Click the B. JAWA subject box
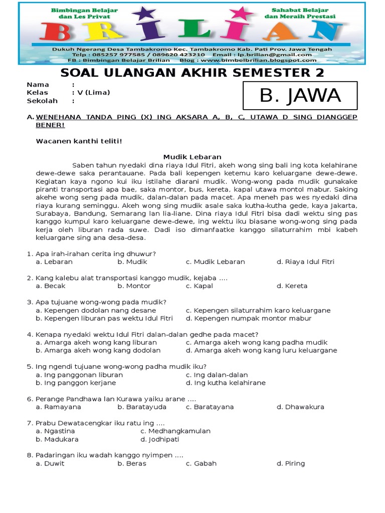300,95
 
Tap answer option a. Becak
51,286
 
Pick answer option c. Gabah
201,463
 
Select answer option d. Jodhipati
160,439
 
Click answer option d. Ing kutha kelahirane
226,383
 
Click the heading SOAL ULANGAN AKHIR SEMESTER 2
192,73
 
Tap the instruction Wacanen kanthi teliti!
79,141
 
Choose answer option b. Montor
134,286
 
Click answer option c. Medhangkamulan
175,431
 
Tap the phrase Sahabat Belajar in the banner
300,10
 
